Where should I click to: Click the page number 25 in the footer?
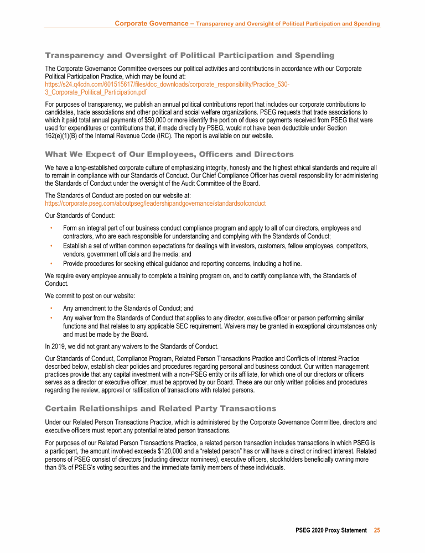click(377, 530)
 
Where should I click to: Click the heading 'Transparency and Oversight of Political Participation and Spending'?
click(189, 55)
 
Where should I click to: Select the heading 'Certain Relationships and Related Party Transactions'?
click(160, 409)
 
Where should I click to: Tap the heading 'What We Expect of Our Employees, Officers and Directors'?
click(169, 154)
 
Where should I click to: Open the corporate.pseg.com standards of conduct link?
click(155, 204)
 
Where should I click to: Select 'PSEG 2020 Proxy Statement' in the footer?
click(331, 530)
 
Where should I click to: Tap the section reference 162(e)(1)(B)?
click(63, 135)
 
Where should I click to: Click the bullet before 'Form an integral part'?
click(51, 228)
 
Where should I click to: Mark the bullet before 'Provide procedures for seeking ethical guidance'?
click(51, 264)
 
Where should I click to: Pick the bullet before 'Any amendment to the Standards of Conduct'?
click(51, 309)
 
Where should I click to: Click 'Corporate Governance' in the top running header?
click(151, 24)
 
